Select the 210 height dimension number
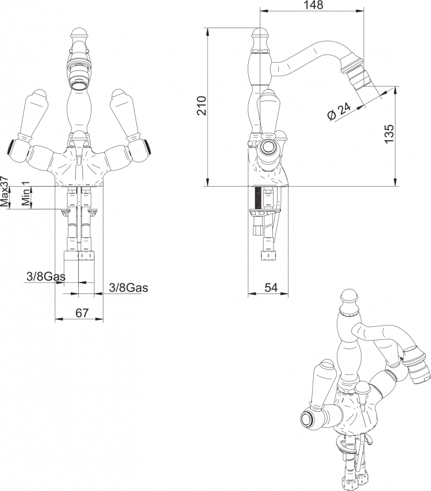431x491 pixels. coord(202,106)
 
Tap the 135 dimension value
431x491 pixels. coord(388,134)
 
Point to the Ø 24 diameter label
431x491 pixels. coord(339,111)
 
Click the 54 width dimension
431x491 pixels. coord(271,288)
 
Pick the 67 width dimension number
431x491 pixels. coord(82,312)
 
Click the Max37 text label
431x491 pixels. coord(5,191)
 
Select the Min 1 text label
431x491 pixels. coord(26,193)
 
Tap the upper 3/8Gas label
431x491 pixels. coord(46,276)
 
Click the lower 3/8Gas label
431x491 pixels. coord(129,288)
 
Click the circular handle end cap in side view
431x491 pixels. coord(268,147)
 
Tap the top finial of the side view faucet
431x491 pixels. coord(260,34)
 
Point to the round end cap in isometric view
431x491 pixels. coord(309,420)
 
